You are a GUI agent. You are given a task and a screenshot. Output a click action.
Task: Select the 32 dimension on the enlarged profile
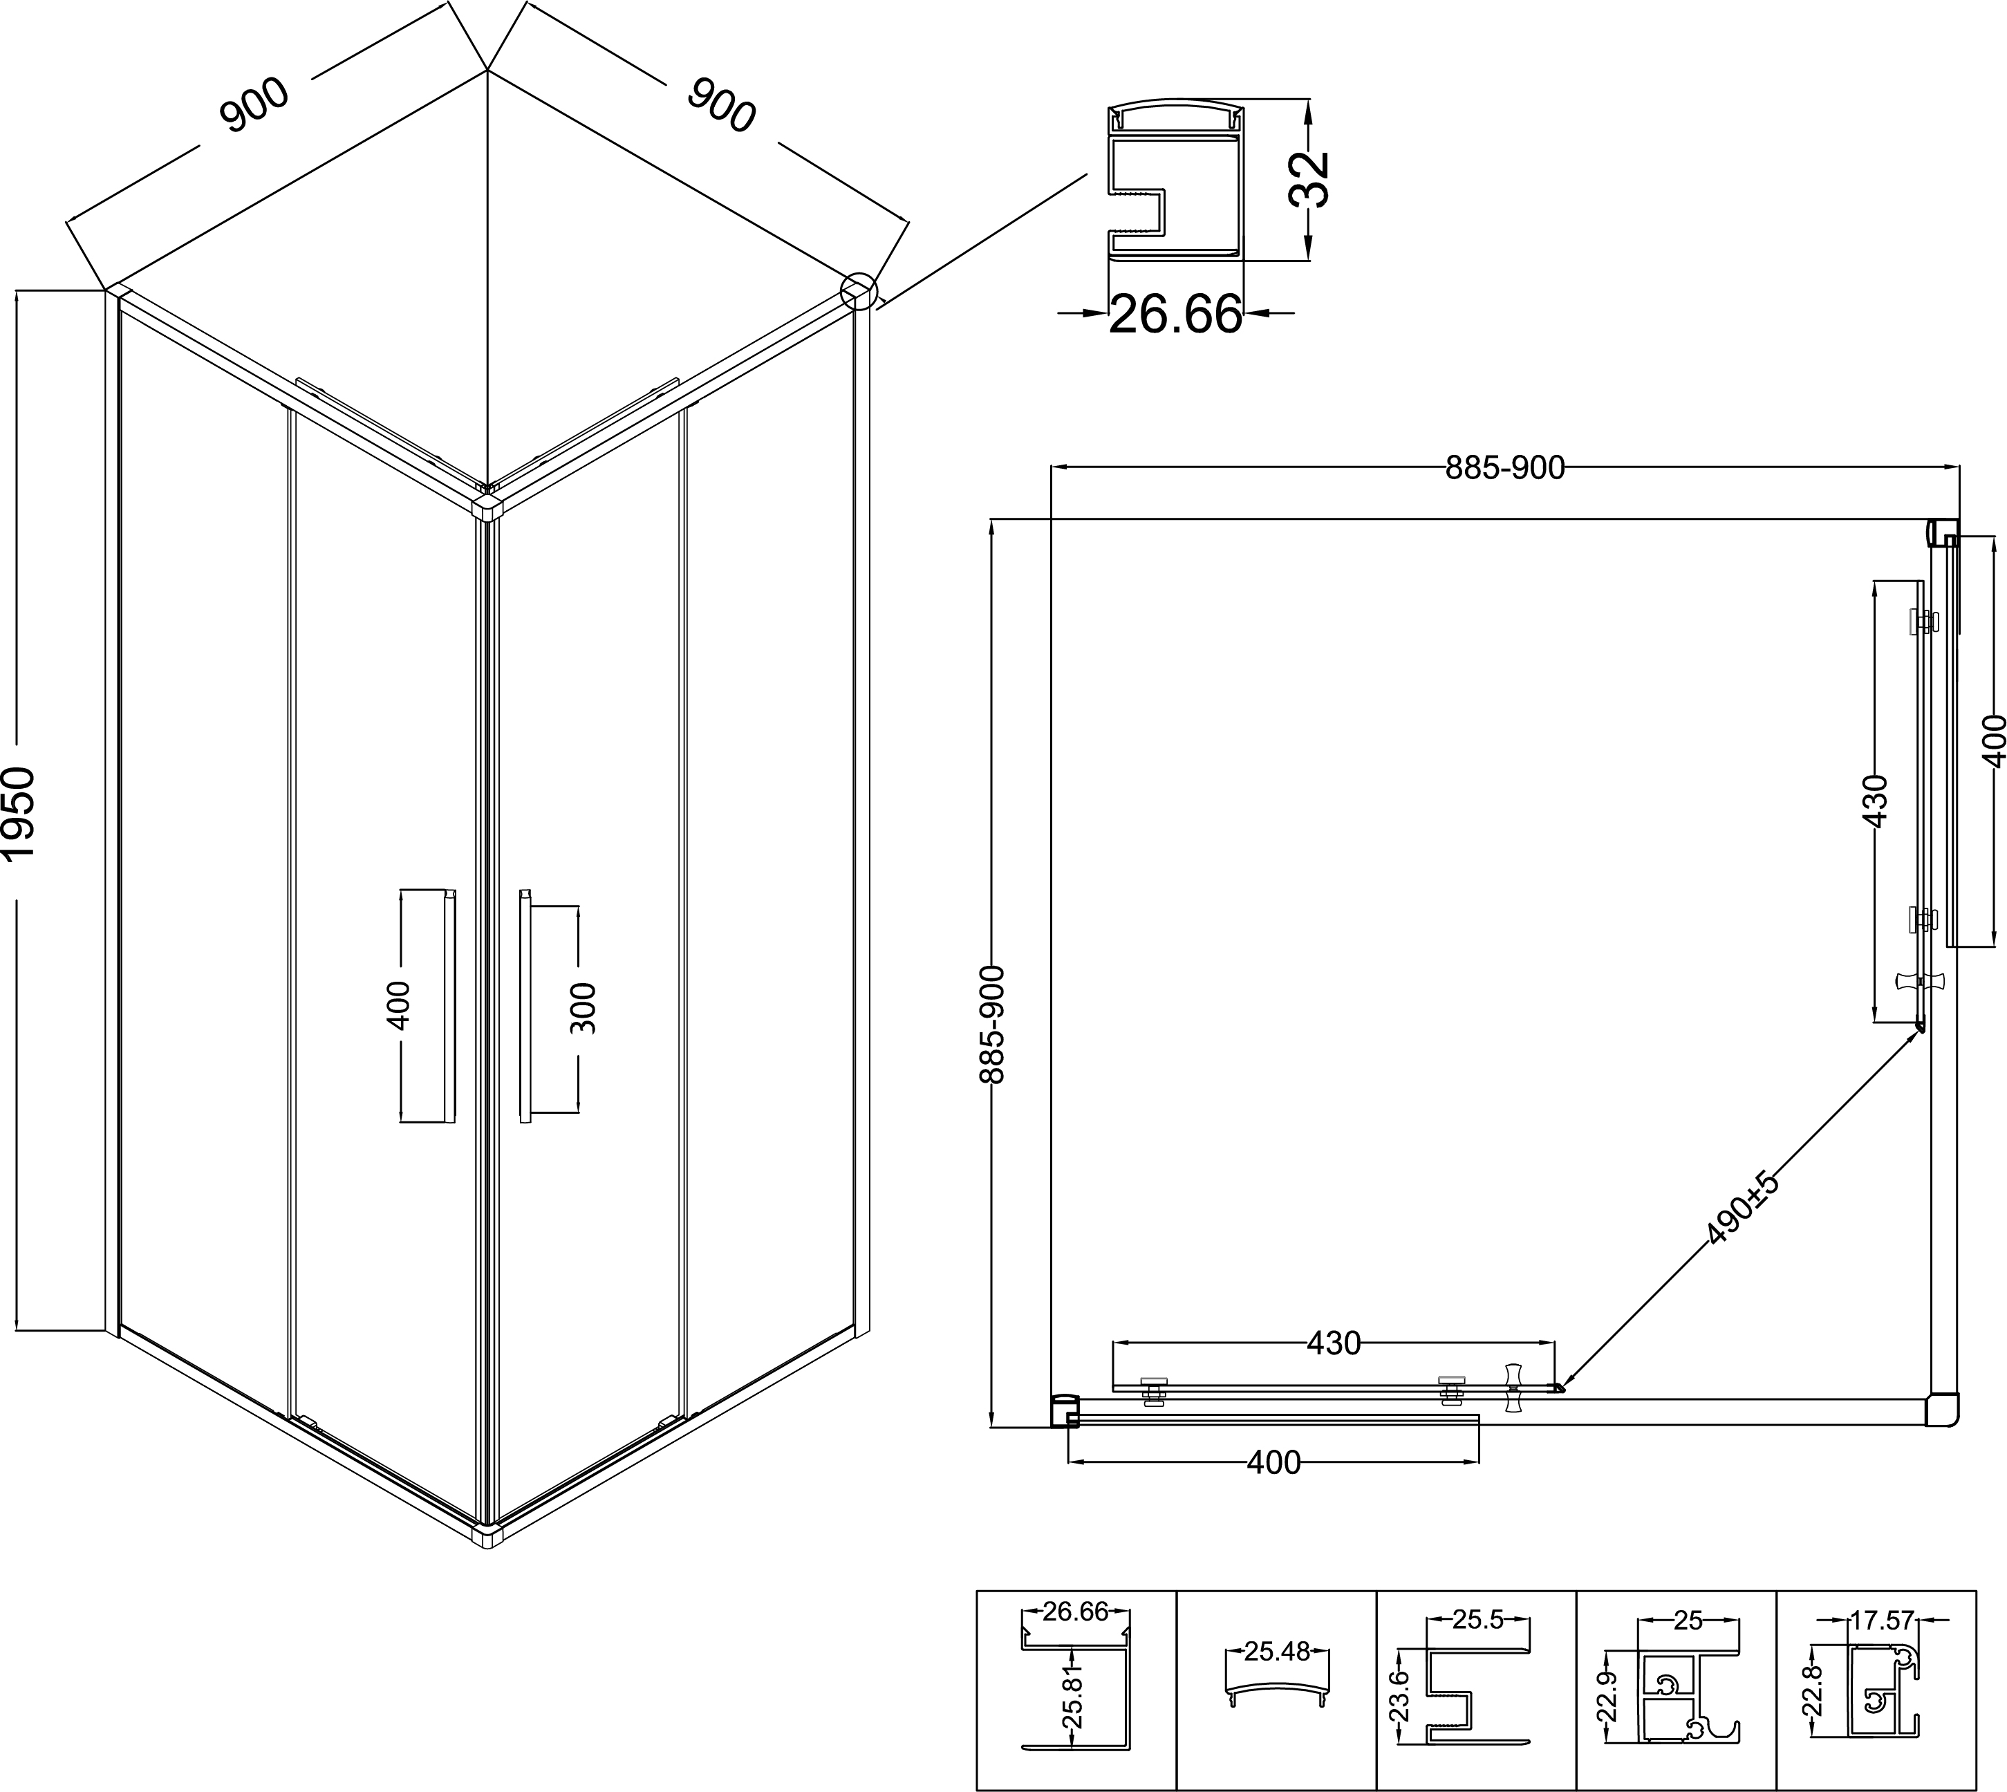click(x=1309, y=178)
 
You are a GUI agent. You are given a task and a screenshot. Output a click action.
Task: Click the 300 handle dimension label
click(x=583, y=1007)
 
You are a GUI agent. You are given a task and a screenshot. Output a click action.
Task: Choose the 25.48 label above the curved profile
click(x=1276, y=1651)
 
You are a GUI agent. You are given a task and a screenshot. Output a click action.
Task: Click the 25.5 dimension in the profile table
click(x=1478, y=1620)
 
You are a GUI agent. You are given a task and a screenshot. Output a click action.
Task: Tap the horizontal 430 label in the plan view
click(x=1334, y=1343)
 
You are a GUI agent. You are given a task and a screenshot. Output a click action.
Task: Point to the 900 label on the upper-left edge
click(x=255, y=104)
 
